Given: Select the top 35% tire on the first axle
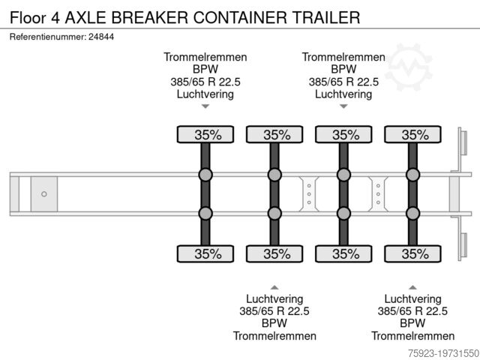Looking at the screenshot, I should pos(208,135).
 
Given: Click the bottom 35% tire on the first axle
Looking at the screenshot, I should pos(208,253).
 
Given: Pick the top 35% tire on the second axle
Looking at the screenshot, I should pos(276,135).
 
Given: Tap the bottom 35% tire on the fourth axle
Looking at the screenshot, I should pos(415,253).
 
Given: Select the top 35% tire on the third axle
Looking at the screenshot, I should pos(345,135).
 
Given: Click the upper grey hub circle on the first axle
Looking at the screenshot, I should pos(205,175).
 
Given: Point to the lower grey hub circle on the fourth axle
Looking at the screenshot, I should pos(412,214).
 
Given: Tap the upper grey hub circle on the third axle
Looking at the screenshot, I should pos(343,175).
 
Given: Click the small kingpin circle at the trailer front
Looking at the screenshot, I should pos(44,194).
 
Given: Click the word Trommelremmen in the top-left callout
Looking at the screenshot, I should pos(205,57).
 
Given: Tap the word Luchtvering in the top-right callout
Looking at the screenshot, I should pos(343,94).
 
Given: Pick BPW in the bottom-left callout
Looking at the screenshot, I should pos(274,323).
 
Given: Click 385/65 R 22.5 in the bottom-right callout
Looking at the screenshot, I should pos(413,310).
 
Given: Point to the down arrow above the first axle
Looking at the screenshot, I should pos(205,107).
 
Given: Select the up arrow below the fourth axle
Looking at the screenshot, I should pos(413,286).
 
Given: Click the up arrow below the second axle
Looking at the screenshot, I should pos(274,286).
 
